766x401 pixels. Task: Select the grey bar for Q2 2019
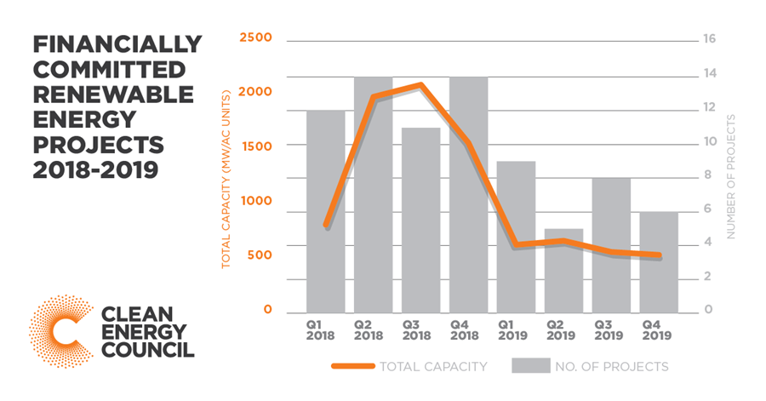click(563, 270)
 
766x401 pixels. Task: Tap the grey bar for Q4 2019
click(659, 261)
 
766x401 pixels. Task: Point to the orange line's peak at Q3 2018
click(420, 85)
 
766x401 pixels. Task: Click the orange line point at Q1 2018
click(325, 226)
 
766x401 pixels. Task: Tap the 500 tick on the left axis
click(258, 255)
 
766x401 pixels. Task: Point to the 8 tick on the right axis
click(706, 175)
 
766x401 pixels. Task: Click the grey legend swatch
click(534, 367)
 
